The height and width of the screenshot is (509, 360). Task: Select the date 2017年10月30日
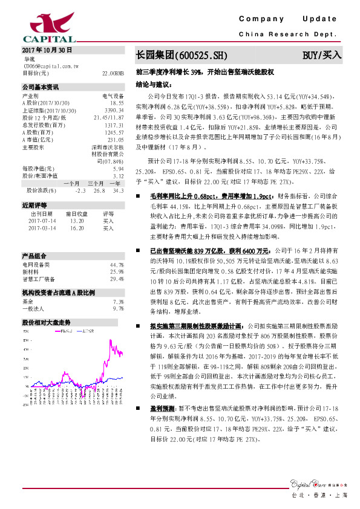(47, 50)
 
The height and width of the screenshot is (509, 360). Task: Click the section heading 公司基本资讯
(40, 87)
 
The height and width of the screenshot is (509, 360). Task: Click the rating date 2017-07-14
(42, 221)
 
